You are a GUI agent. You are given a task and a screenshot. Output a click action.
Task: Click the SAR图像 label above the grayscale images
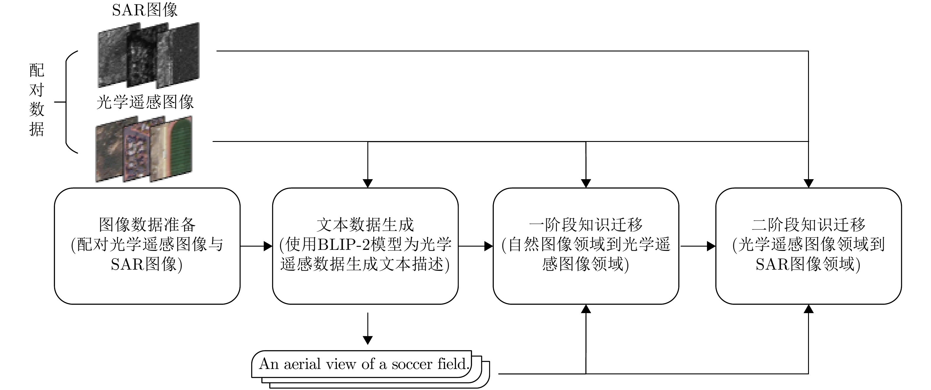145,10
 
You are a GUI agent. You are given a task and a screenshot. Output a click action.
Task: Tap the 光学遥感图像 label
145,102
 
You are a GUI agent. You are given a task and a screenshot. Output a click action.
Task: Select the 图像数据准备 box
147,246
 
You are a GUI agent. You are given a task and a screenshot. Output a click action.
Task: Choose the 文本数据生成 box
365,246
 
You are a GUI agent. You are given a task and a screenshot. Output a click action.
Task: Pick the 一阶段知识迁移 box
586,246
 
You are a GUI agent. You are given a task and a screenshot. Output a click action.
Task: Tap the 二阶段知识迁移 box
808,246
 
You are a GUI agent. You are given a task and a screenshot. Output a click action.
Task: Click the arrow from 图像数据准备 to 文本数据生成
256,246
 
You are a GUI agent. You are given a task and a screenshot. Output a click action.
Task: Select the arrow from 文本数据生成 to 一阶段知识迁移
476,246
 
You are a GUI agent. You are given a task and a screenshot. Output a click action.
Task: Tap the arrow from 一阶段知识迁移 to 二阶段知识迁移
698,246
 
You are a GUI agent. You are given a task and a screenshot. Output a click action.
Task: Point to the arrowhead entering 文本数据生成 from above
368,183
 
